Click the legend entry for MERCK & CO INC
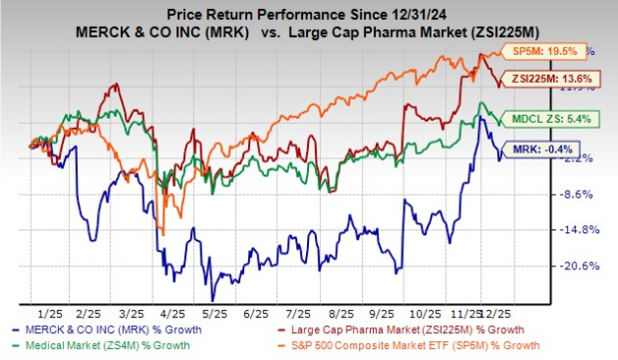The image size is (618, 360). (x=119, y=329)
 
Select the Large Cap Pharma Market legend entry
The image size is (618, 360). (x=423, y=329)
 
